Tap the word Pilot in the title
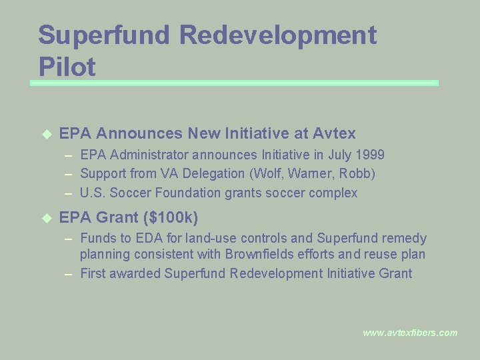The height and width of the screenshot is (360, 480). point(67,67)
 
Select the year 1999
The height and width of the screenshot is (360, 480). point(370,155)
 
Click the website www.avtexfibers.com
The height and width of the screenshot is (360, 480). point(410,333)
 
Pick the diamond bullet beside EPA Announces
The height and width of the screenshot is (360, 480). point(46,133)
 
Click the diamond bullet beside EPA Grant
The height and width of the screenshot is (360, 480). point(46,218)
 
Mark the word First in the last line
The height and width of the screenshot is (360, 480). point(93,273)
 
